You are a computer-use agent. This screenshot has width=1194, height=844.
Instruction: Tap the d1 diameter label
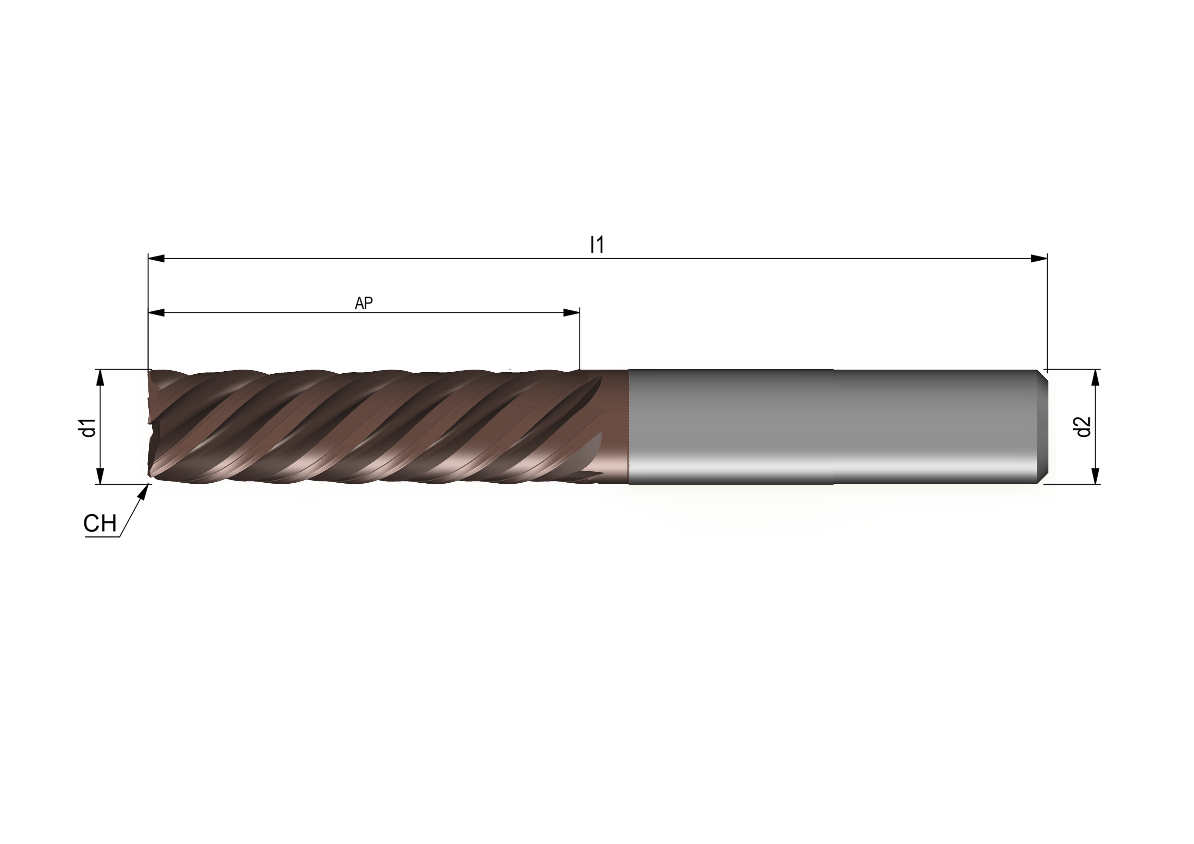[90, 427]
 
